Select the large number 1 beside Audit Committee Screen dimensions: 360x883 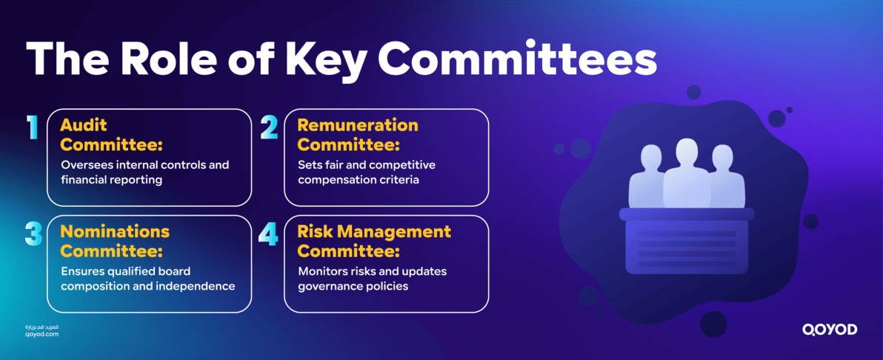(32, 127)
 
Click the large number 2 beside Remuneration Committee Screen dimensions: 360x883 (269, 127)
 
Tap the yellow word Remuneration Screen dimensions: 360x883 (358, 124)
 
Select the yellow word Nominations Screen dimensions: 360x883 (115, 231)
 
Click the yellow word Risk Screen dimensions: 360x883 (314, 231)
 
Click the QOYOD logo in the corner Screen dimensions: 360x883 (829, 330)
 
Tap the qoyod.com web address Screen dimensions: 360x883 (41, 334)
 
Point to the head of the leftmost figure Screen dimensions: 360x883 (650, 158)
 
